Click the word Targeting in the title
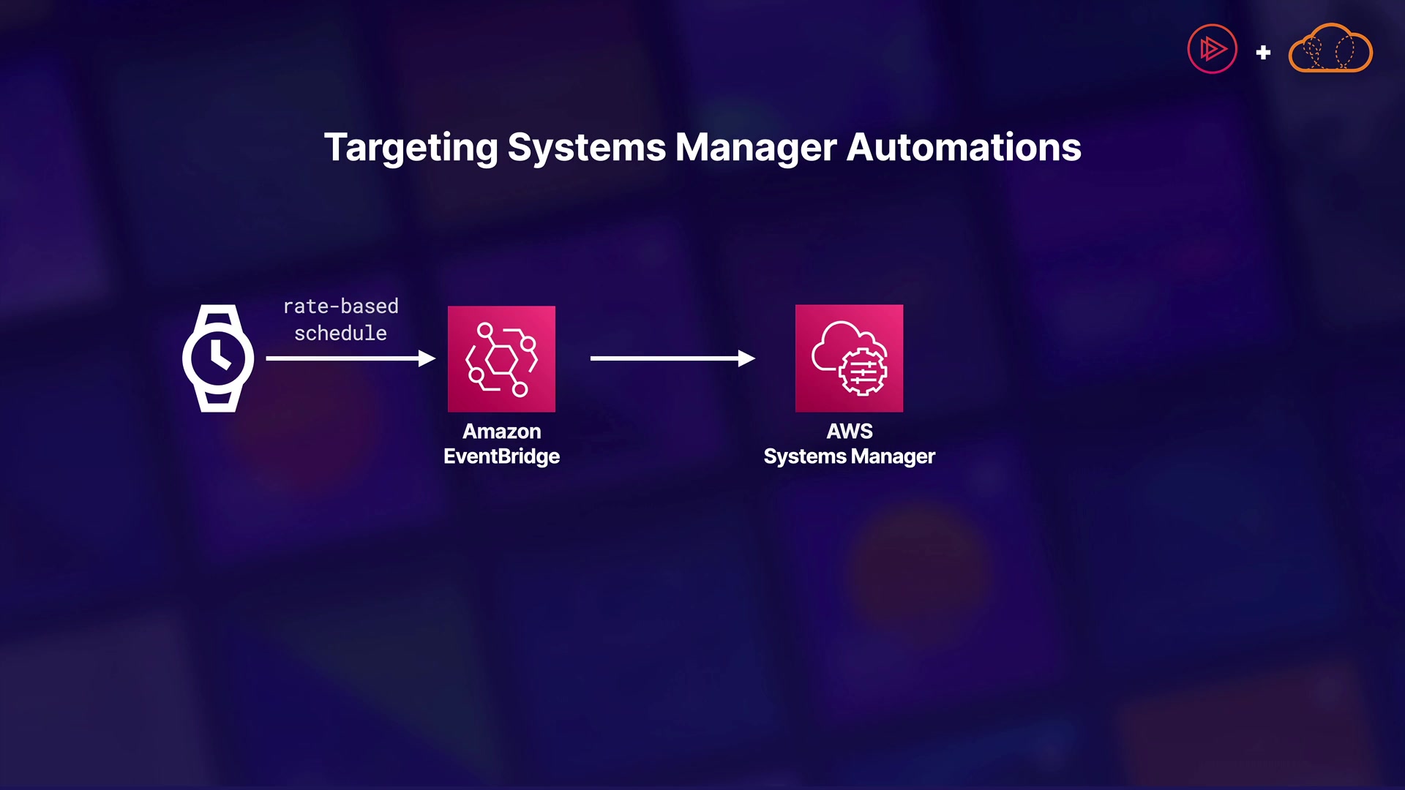pyautogui.click(x=411, y=148)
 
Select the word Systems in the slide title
pyautogui.click(x=587, y=148)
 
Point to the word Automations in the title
pyautogui.click(x=964, y=148)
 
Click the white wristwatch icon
pyautogui.click(x=218, y=358)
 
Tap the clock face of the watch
pyautogui.click(x=218, y=358)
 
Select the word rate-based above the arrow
pyautogui.click(x=340, y=306)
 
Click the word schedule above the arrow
pyautogui.click(x=340, y=334)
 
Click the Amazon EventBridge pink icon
pyautogui.click(x=501, y=358)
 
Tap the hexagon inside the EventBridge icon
pyautogui.click(x=501, y=359)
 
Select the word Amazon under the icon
pyautogui.click(x=501, y=432)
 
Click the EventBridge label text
pyautogui.click(x=501, y=456)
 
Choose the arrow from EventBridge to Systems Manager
pyautogui.click(x=672, y=358)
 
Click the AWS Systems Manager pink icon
pyautogui.click(x=849, y=358)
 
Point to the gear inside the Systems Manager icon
pyautogui.click(x=863, y=372)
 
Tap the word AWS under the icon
pyautogui.click(x=849, y=432)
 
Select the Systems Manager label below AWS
pyautogui.click(x=849, y=456)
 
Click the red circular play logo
pyautogui.click(x=1212, y=50)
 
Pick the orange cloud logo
pyautogui.click(x=1330, y=50)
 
